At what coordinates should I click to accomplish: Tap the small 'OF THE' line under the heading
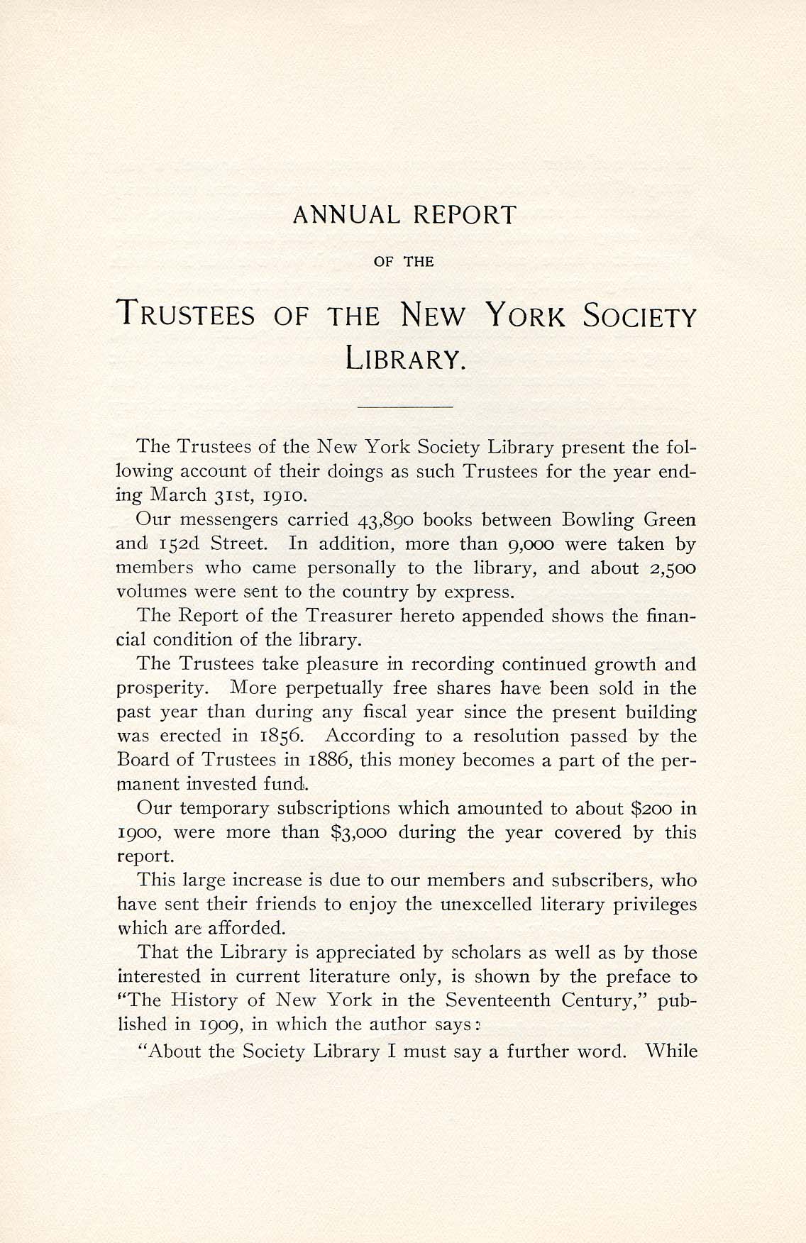point(404,262)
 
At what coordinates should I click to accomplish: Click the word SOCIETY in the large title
point(639,315)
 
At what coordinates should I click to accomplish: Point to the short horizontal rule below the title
point(405,407)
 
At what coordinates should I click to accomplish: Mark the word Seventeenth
point(507,1000)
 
